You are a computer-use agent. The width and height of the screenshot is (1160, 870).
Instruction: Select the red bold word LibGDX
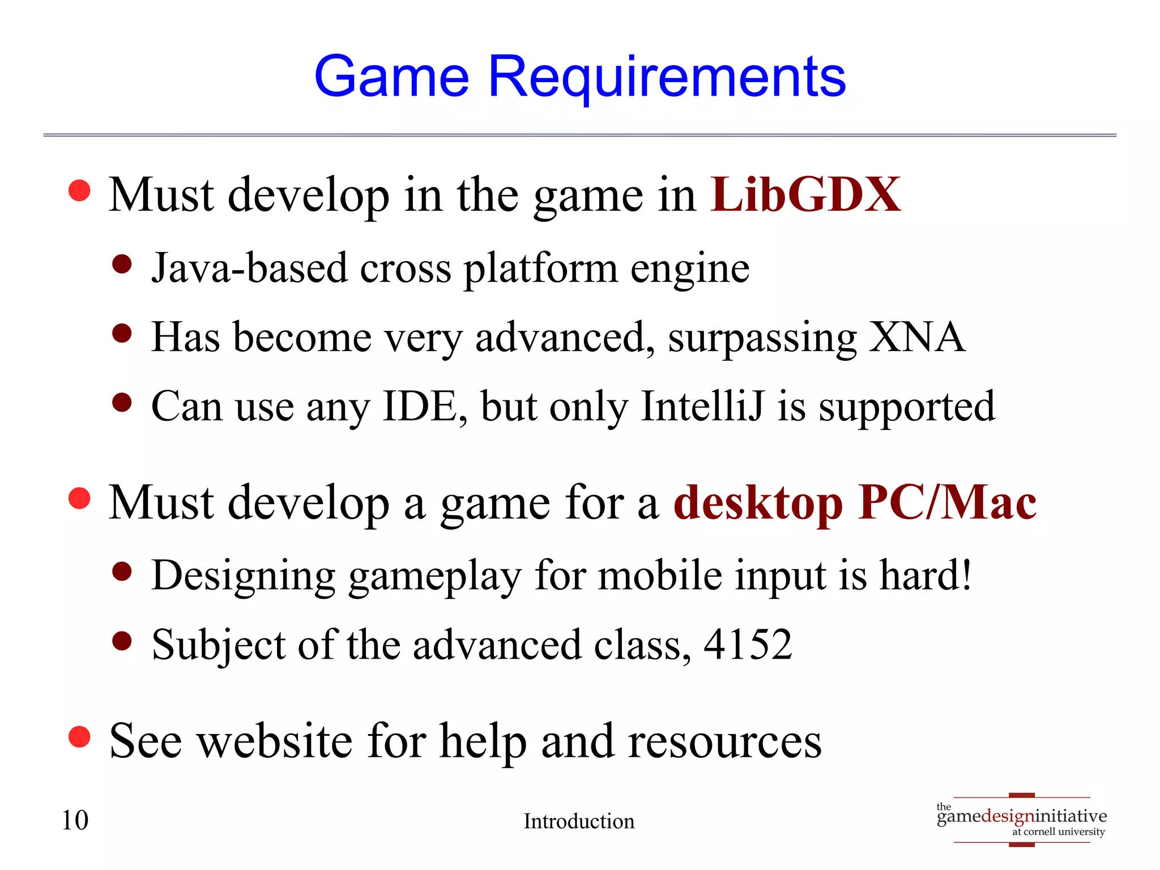click(x=805, y=195)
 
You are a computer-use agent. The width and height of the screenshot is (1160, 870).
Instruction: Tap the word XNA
click(x=916, y=337)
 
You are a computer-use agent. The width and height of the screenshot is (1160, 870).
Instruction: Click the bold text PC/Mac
click(x=947, y=502)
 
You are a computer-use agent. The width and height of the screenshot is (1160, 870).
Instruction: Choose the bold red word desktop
click(x=758, y=504)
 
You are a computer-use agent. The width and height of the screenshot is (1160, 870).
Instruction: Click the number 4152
click(x=748, y=645)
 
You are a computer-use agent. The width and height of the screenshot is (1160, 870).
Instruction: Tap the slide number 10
click(x=75, y=820)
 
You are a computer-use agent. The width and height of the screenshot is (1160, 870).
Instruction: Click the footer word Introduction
click(x=579, y=821)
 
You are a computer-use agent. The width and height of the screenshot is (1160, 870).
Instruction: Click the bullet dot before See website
click(x=79, y=737)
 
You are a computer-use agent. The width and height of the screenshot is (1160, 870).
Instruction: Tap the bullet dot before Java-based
click(x=122, y=264)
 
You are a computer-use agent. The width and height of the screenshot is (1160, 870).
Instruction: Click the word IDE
click(x=420, y=407)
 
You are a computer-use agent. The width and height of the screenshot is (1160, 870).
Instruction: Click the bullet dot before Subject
click(x=122, y=641)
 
